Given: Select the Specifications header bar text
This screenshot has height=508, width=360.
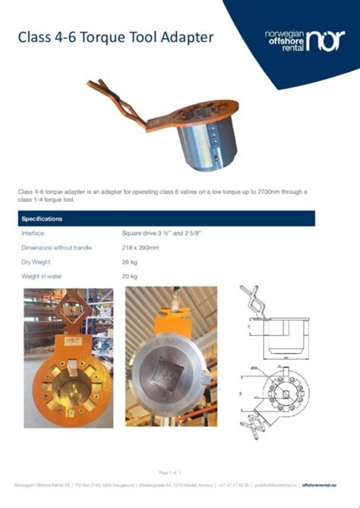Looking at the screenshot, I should point(43,219).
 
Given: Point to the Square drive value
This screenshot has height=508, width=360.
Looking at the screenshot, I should point(161,233).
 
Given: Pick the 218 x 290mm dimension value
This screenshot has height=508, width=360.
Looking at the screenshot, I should point(141,248).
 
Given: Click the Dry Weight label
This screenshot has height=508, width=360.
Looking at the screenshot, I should point(37,262).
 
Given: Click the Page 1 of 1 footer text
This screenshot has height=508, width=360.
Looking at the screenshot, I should point(169,472).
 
